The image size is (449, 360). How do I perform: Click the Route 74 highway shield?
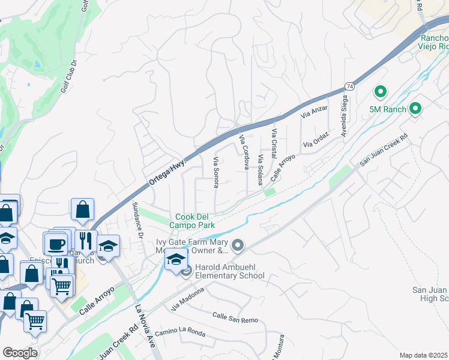point(349,87)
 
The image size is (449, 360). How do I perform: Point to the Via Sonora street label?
point(215,172)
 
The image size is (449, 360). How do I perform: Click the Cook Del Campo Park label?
point(194,221)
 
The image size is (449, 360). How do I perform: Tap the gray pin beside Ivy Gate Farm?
point(238,245)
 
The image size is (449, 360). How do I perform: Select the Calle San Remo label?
point(235,317)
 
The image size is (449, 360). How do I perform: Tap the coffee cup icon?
point(57,244)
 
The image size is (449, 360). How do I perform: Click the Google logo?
point(20,352)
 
